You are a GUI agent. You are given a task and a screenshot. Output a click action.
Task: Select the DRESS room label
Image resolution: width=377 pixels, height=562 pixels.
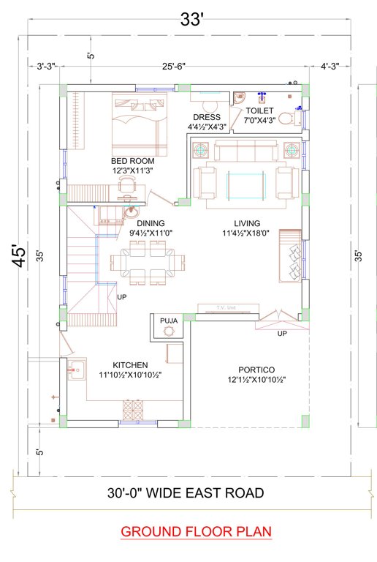click(x=207, y=117)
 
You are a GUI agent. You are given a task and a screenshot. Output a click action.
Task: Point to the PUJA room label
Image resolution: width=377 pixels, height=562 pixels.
click(x=170, y=320)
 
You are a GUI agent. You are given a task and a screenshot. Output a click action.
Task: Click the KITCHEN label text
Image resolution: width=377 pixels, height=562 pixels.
click(x=131, y=364)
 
